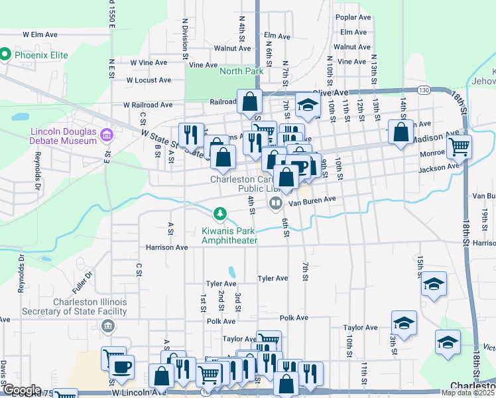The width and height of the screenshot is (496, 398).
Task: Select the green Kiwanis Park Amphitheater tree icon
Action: click(219, 214)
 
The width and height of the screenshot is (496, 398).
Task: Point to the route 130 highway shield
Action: click(424, 90)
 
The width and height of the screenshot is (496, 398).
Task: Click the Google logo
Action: click(21, 390)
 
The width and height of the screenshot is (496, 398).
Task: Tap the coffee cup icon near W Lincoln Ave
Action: click(121, 366)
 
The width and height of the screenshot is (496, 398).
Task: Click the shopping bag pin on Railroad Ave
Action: click(250, 102)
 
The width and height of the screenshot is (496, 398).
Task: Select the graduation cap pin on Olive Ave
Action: click(307, 104)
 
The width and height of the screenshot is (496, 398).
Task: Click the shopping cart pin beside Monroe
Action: click(459, 146)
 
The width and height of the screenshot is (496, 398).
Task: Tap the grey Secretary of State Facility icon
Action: click(107, 326)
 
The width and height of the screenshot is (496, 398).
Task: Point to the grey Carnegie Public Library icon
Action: click(275, 202)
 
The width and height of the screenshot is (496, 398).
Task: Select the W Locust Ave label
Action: click(149, 80)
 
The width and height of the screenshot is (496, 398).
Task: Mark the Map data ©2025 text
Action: click(468, 393)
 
